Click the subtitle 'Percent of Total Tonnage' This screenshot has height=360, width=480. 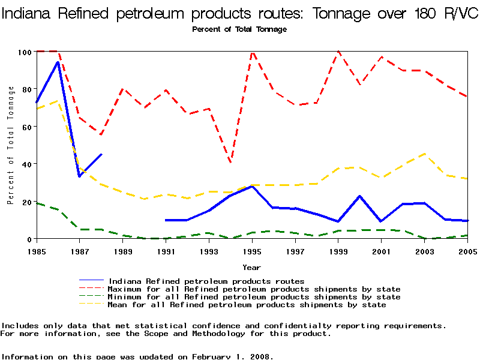pyautogui.click(x=239, y=29)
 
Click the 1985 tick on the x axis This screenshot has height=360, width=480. pyautogui.click(x=37, y=250)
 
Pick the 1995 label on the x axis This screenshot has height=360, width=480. pyautogui.click(x=253, y=250)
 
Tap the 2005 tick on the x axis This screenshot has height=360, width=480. pyautogui.click(x=467, y=250)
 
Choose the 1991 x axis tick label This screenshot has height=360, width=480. pyautogui.click(x=166, y=250)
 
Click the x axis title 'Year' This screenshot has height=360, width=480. pyautogui.click(x=251, y=267)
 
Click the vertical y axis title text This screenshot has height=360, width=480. pyautogui.click(x=11, y=145)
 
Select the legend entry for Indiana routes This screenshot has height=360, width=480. pyautogui.click(x=206, y=281)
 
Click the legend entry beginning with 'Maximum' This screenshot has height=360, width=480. pyautogui.click(x=254, y=289)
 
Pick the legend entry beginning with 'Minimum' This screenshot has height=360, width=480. pyautogui.click(x=254, y=297)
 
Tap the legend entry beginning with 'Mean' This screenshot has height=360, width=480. pyautogui.click(x=247, y=305)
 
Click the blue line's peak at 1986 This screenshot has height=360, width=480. pyautogui.click(x=58, y=62)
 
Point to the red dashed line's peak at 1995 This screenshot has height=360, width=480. pyautogui.click(x=253, y=52)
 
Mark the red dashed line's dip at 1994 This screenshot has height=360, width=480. pyautogui.click(x=231, y=162)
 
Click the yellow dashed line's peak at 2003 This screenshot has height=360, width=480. pyautogui.click(x=425, y=154)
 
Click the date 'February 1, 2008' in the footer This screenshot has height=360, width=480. pyautogui.click(x=232, y=356)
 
